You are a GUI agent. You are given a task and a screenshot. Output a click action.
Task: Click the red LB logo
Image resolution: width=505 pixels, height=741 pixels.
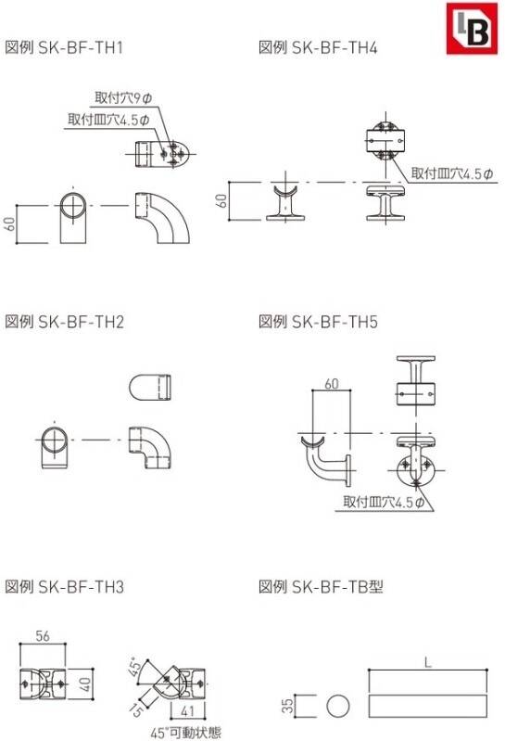pyautogui.click(x=472, y=29)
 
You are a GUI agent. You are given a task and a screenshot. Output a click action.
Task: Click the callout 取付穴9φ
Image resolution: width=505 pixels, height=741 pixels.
pyautogui.click(x=123, y=97)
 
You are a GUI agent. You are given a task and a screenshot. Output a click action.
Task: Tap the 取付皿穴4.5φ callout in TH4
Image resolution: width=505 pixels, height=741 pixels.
pyautogui.click(x=451, y=173)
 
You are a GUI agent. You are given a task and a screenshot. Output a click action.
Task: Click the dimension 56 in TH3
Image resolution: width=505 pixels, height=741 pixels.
pyautogui.click(x=43, y=636)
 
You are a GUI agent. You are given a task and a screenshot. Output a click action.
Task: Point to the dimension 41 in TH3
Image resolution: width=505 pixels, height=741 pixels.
pyautogui.click(x=187, y=710)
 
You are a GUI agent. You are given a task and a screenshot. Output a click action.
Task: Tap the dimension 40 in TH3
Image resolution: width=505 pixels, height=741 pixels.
pyautogui.click(x=84, y=684)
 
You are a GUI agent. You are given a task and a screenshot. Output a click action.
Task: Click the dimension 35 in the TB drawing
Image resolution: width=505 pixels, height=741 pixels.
pyautogui.click(x=287, y=707)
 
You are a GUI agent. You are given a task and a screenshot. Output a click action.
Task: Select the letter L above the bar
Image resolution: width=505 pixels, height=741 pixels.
pyautogui.click(x=427, y=662)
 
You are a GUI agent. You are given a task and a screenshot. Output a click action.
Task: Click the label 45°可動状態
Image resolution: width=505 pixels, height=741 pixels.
pyautogui.click(x=185, y=733)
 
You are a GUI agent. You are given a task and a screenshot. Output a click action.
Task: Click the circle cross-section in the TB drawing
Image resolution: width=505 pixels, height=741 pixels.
pyautogui.click(x=338, y=707)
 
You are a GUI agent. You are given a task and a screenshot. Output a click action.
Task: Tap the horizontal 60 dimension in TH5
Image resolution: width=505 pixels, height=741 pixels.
pyautogui.click(x=332, y=384)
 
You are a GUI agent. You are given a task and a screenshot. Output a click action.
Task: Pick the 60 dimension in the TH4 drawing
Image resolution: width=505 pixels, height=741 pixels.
pyautogui.click(x=221, y=201)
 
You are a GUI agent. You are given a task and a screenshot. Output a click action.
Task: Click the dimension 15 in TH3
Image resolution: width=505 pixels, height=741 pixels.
pyautogui.click(x=136, y=709)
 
